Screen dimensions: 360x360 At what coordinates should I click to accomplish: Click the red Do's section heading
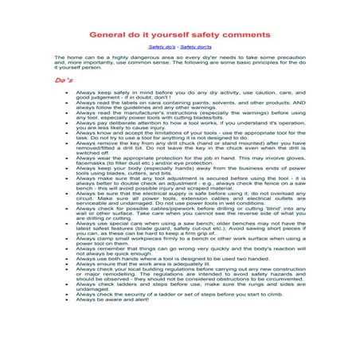click(x=65, y=80)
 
